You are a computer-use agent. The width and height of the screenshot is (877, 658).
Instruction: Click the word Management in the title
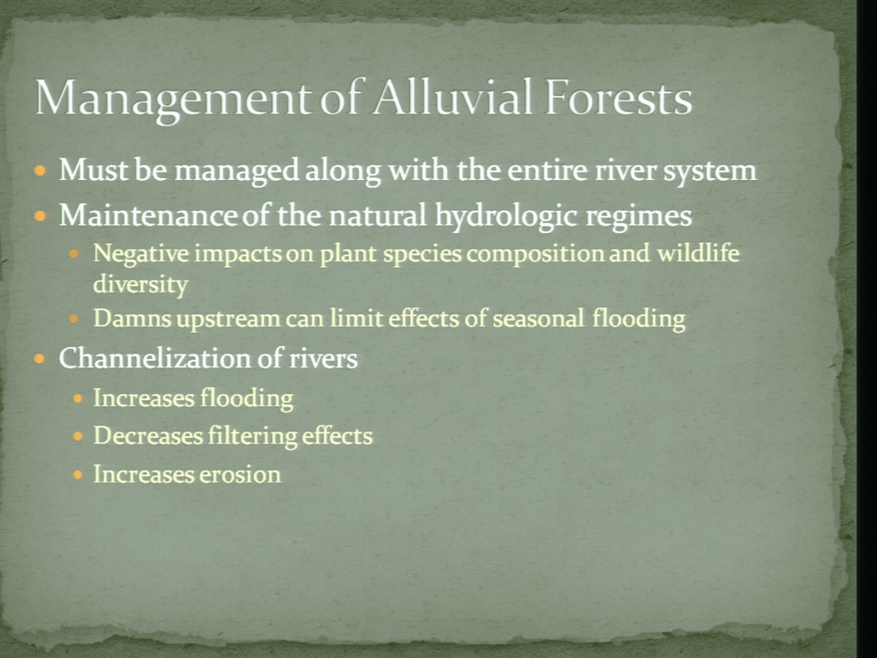pos(171,99)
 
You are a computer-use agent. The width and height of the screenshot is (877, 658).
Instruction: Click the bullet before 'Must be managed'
pos(39,170)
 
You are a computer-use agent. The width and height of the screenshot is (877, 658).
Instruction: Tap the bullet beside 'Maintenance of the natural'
pos(39,216)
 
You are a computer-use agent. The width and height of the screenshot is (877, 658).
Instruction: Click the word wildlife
pos(698,253)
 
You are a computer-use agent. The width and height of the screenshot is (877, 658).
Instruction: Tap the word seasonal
pos(538,318)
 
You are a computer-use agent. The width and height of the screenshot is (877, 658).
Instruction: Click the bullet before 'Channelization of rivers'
pos(39,358)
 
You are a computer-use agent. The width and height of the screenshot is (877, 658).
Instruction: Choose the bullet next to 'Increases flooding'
pos(78,398)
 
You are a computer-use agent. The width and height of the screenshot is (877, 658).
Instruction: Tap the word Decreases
pos(148,436)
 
